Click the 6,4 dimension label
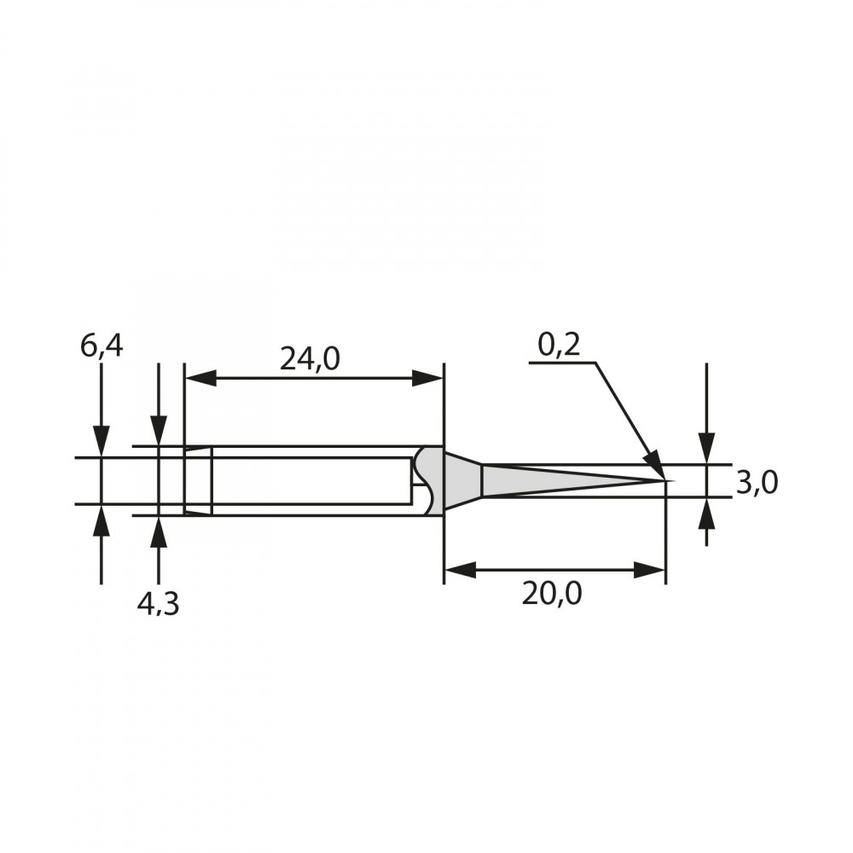[x=102, y=347]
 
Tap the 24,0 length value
[x=310, y=359]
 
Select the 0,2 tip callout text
[x=559, y=345]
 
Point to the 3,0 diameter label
[x=757, y=483]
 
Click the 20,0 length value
[x=552, y=594]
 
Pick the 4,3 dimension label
[x=159, y=605]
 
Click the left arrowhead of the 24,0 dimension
[x=200, y=378]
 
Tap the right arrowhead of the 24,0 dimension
[x=427, y=378]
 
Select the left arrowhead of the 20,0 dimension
[x=461, y=570]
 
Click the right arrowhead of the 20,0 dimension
[x=649, y=570]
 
